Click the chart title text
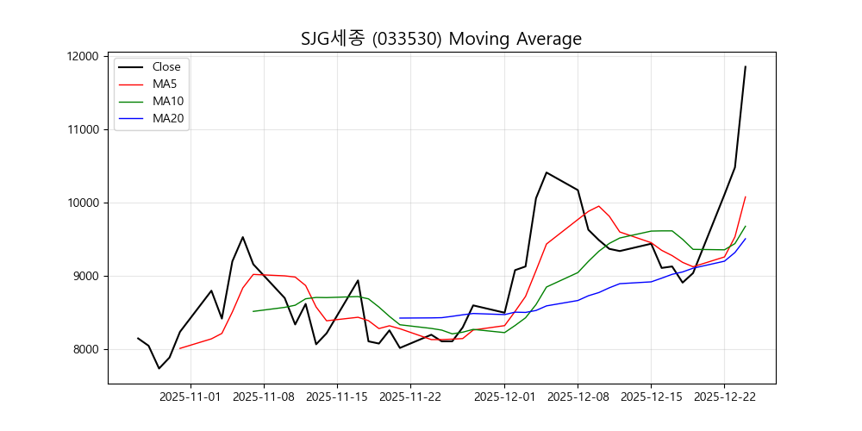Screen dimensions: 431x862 (441, 39)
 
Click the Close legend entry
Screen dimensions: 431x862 (166, 66)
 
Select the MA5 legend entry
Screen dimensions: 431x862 (165, 84)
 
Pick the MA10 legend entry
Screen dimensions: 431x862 (168, 101)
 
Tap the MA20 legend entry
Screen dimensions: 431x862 (168, 118)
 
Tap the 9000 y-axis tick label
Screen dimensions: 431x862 (87, 276)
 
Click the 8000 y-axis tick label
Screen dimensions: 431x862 (87, 349)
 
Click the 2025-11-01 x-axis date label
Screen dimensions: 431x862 (191, 397)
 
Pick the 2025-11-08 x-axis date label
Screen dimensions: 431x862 (264, 397)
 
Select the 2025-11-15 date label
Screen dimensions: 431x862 (336, 397)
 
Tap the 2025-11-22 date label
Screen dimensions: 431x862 (409, 397)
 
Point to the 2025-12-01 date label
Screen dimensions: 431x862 (504, 397)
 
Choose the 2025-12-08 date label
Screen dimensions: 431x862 (578, 397)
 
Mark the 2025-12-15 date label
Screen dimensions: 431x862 (651, 397)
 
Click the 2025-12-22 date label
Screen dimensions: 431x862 (724, 397)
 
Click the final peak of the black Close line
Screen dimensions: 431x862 (746, 66)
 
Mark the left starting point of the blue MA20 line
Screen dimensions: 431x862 (399, 318)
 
